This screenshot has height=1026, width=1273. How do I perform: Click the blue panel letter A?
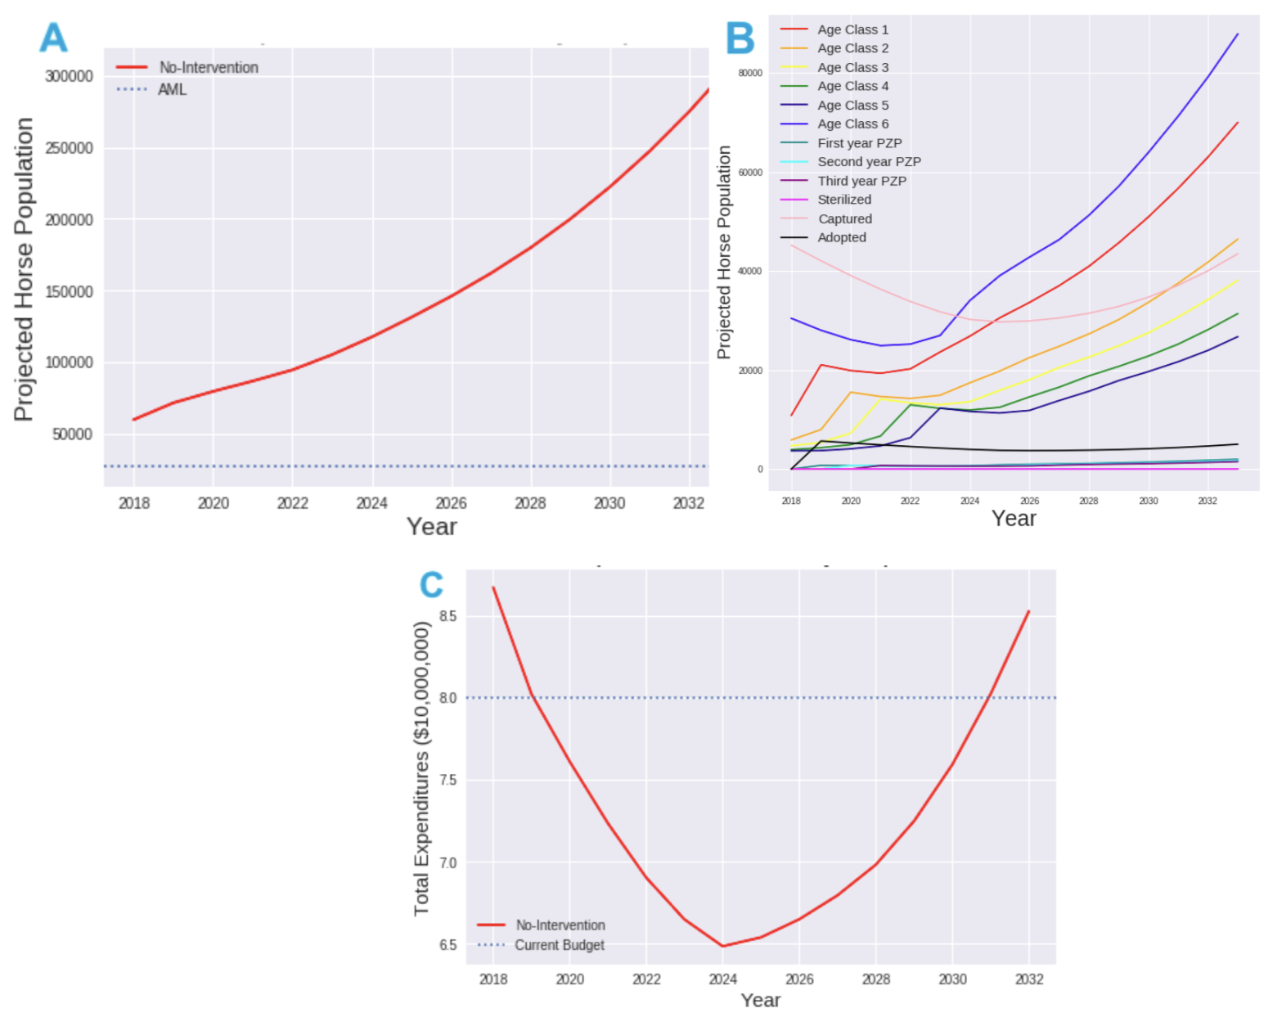pyautogui.click(x=53, y=38)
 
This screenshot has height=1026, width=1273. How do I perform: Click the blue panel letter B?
pyautogui.click(x=740, y=38)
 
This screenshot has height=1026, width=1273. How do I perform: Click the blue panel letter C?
pyautogui.click(x=431, y=585)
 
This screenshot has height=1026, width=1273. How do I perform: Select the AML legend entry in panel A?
pyautogui.click(x=172, y=89)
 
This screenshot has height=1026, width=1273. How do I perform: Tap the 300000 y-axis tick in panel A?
pyautogui.click(x=69, y=76)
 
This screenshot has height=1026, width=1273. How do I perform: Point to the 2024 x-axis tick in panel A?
pyautogui.click(x=371, y=503)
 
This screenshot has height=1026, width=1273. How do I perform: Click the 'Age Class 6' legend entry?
pyautogui.click(x=852, y=124)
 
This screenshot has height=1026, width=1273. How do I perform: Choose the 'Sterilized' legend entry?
pyautogui.click(x=844, y=200)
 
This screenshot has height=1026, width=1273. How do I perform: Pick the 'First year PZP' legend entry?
pyautogui.click(x=859, y=143)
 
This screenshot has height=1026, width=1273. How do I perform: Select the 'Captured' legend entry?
pyautogui.click(x=844, y=218)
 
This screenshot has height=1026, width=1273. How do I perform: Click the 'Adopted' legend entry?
pyautogui.click(x=841, y=237)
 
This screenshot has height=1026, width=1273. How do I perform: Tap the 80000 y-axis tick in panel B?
pyautogui.click(x=750, y=74)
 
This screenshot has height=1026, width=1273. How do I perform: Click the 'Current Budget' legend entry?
pyautogui.click(x=559, y=945)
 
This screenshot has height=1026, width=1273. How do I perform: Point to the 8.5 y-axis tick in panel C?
pyautogui.click(x=448, y=616)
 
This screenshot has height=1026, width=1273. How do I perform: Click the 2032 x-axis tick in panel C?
pyautogui.click(x=1029, y=979)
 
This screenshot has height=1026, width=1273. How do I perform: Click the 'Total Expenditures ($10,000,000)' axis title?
pyautogui.click(x=421, y=768)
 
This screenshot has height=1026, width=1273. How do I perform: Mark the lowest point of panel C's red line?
pyautogui.click(x=723, y=946)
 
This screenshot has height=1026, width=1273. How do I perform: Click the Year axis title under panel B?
pyautogui.click(x=1014, y=519)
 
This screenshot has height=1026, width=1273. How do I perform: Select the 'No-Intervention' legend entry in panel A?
pyautogui.click(x=208, y=68)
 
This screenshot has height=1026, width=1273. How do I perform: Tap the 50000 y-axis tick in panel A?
pyautogui.click(x=72, y=434)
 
